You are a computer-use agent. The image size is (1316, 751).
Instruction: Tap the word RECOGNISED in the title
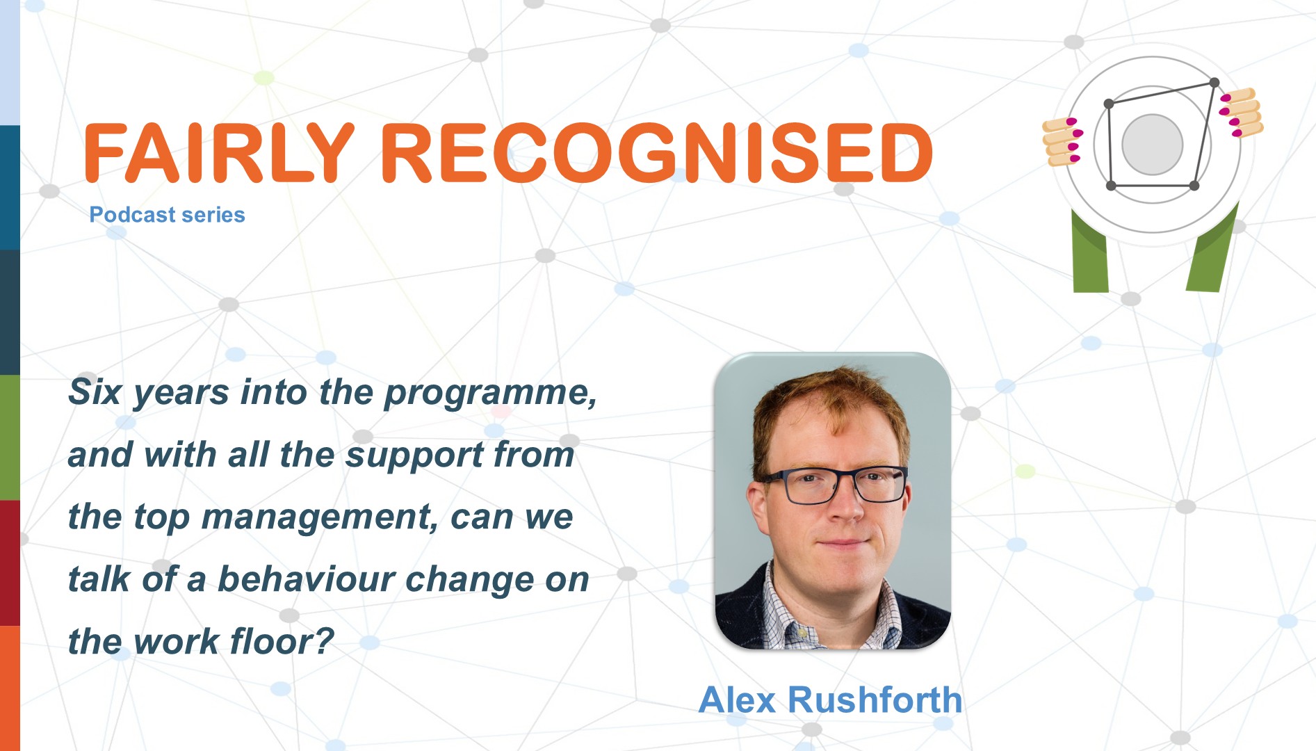coord(656,153)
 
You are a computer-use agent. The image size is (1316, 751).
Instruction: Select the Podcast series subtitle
coord(167,215)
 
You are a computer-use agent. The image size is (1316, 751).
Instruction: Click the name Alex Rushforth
coord(830,700)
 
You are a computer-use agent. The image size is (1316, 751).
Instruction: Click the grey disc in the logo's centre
coord(1152,145)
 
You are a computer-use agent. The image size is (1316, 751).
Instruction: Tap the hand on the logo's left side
coord(1062,141)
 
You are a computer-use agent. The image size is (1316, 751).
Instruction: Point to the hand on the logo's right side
coord(1242,112)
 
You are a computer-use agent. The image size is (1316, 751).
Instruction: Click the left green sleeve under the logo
coord(1089,254)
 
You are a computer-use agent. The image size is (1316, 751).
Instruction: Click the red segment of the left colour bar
coord(10,563)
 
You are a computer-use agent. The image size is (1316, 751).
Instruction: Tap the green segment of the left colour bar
coord(10,437)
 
